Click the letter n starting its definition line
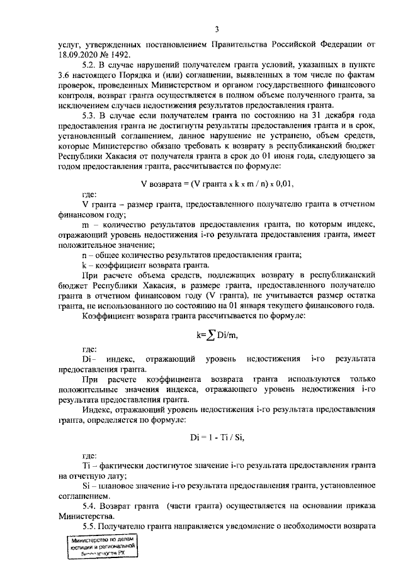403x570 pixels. point(85,254)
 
